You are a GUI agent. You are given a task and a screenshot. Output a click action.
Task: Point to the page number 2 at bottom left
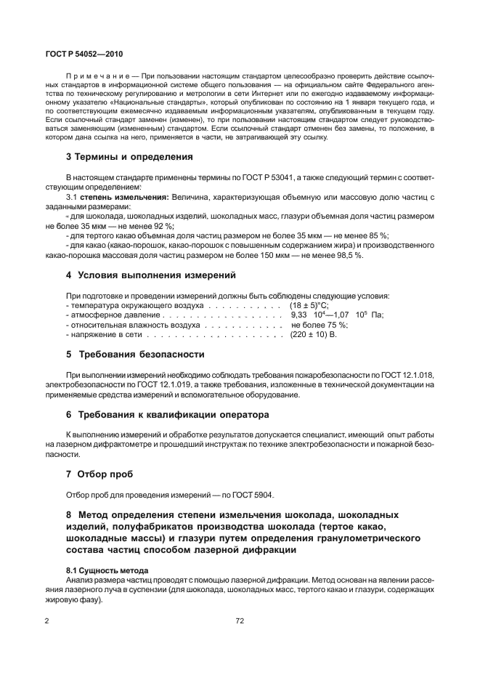point(47,620)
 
